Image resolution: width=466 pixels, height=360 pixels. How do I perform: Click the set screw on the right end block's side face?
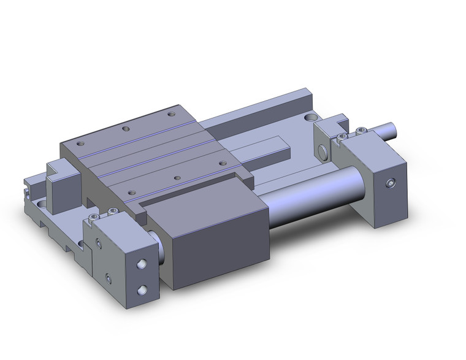[x=391, y=183]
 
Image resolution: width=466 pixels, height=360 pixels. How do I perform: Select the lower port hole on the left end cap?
[x=143, y=289]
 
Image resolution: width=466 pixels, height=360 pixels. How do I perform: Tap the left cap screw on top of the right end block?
[x=341, y=136]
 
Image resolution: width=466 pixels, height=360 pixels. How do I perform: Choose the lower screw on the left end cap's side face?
[x=107, y=280]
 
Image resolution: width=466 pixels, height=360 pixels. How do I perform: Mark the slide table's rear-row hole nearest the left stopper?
[x=80, y=143]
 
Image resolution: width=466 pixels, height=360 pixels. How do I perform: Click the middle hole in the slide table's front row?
[x=177, y=178]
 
